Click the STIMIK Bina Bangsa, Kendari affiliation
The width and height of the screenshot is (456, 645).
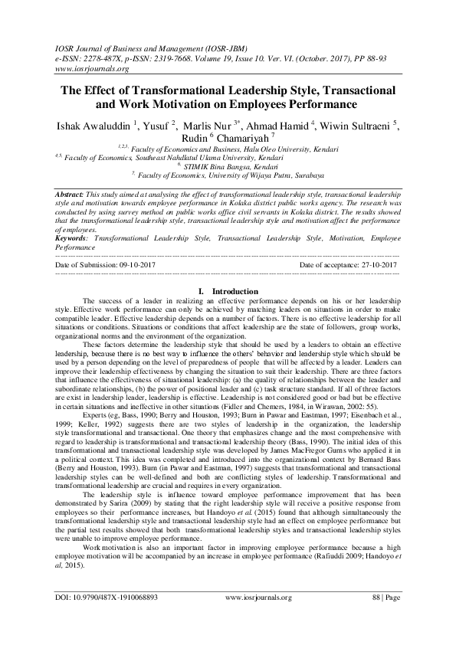click(231, 166)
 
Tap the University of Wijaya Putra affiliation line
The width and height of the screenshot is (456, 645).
click(231, 175)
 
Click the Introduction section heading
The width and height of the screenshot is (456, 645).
click(236, 291)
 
